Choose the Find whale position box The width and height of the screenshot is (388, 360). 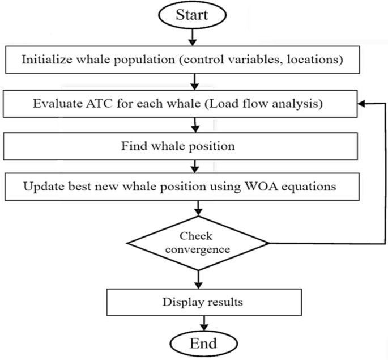[x=194, y=146]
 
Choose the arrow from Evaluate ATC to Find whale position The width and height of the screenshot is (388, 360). [x=194, y=123]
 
